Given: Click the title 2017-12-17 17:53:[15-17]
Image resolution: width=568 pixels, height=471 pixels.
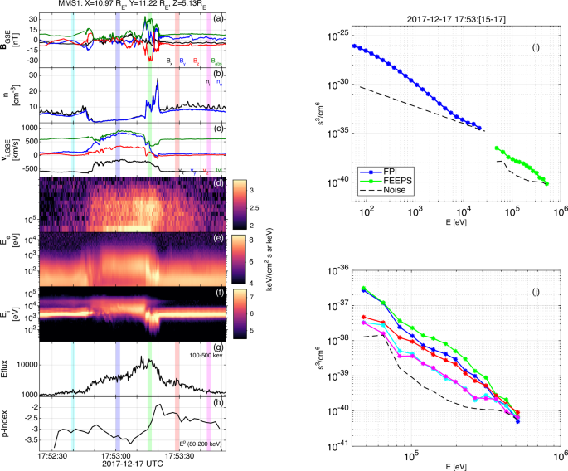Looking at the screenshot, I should [x=448, y=18].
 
